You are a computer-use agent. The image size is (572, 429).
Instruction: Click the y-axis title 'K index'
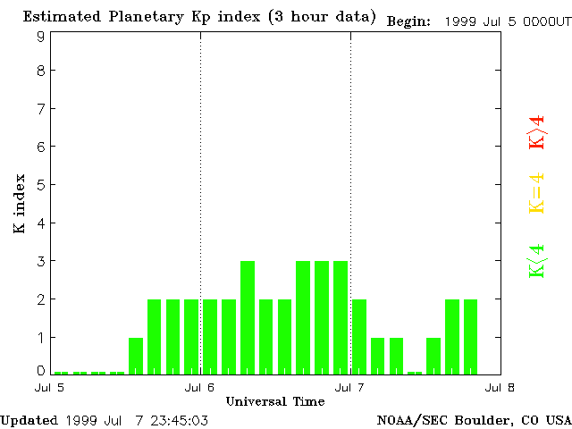pos(19,205)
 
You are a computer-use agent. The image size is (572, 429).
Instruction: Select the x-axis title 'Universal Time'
pos(274,401)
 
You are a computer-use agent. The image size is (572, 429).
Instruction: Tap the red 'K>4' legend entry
pos(536,133)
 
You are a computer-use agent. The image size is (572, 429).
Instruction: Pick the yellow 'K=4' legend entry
pos(536,193)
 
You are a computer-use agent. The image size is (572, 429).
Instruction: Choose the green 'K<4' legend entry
pos(536,261)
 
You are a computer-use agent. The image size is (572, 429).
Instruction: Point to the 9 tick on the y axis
pos(41,37)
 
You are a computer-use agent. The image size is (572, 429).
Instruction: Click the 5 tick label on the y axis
pos(41,185)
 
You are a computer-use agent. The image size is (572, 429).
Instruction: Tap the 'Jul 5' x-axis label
pos(50,387)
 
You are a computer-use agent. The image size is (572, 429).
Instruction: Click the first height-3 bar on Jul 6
pos(248,317)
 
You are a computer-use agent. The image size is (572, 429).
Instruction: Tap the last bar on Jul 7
pos(471,337)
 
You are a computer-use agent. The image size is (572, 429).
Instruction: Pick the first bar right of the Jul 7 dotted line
pos(359,337)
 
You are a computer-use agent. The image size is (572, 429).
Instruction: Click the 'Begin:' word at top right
pos(408,21)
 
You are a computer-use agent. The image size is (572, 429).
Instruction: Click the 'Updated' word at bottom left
pos(29,420)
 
